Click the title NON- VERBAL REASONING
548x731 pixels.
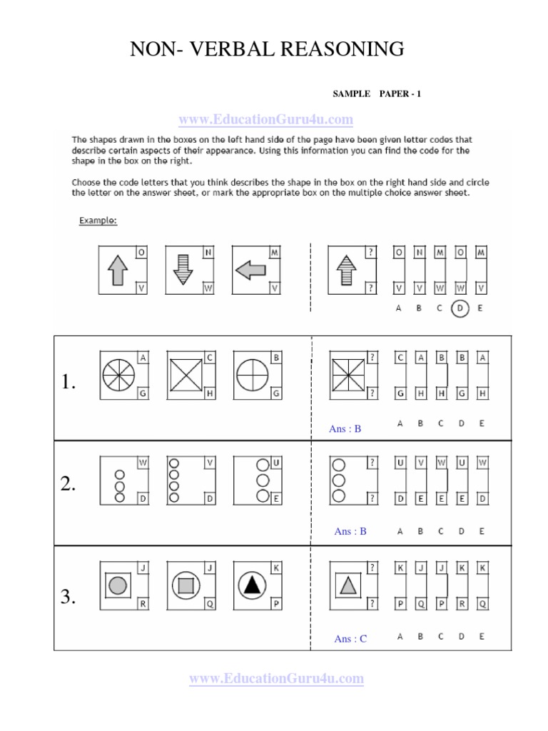point(267,49)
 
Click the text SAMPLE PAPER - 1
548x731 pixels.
point(377,94)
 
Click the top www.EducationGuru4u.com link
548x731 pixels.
point(265,119)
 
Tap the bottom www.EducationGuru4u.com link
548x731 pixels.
point(276,678)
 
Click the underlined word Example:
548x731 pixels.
point(98,221)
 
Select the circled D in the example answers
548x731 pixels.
point(461,309)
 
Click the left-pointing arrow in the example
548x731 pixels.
point(250,270)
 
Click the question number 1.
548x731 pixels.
point(68,383)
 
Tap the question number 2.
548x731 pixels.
point(68,485)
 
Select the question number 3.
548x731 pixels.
point(68,598)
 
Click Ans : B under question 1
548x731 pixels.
point(345,429)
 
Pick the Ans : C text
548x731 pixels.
point(350,639)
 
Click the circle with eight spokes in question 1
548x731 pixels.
point(118,373)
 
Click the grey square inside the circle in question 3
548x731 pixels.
point(185,586)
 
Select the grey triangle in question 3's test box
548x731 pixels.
point(347,586)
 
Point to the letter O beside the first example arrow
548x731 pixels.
point(141,253)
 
